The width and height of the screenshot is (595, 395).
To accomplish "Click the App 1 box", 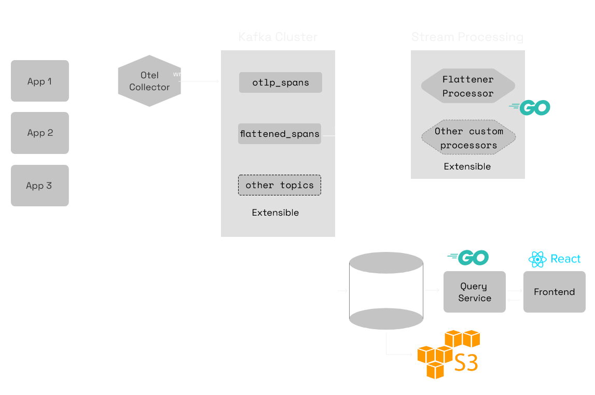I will [x=40, y=81].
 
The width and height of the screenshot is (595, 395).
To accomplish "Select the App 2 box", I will [x=40, y=133].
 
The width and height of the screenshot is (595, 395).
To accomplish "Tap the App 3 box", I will [x=40, y=186].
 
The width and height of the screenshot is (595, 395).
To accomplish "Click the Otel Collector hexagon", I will [x=149, y=81].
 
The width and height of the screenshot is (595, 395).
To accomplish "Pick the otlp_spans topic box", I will [x=280, y=82].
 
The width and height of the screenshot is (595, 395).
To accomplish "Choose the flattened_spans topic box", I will [x=280, y=134].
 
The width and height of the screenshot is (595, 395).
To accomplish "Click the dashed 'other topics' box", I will [x=280, y=185].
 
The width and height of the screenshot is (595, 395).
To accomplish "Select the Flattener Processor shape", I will [x=467, y=86].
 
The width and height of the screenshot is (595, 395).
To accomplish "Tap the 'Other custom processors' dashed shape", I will [x=468, y=138].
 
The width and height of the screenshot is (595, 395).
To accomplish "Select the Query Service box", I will [x=474, y=292].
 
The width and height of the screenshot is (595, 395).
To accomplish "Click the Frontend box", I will [x=554, y=292].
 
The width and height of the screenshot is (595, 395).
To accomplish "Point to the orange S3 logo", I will [x=448, y=354].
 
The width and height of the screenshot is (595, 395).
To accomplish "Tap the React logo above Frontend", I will [x=554, y=259].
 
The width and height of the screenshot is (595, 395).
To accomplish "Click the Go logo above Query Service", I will [x=468, y=257].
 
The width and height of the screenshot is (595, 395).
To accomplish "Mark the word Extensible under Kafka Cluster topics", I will [x=275, y=213].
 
